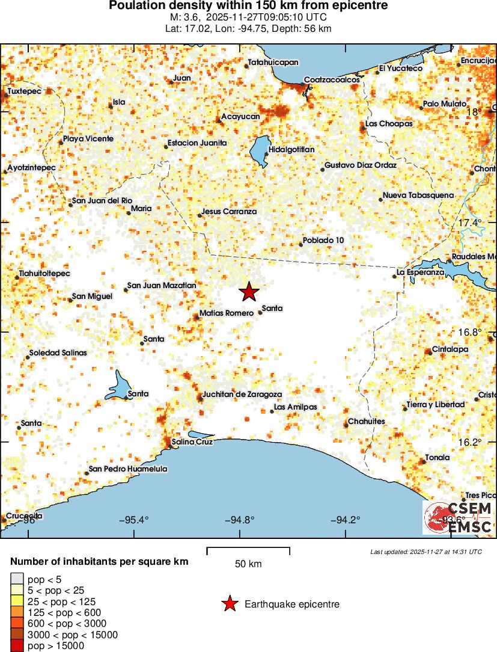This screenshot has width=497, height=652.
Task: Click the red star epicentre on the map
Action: [x=249, y=292]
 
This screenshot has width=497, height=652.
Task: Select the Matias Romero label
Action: [x=226, y=313]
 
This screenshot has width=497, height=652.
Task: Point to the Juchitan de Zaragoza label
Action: [x=242, y=394]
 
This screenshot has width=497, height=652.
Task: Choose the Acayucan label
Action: [x=240, y=116]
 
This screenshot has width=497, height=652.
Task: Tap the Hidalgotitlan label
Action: [x=291, y=149]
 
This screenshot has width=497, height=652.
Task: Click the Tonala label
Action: [x=437, y=458]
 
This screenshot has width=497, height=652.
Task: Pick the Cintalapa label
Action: [x=450, y=349]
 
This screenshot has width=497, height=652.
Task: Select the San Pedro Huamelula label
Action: [x=128, y=469]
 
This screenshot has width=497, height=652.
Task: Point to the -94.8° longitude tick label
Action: [x=239, y=520]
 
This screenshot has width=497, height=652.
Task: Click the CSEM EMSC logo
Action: [x=458, y=517]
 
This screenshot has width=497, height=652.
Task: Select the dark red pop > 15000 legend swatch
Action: [x=17, y=646]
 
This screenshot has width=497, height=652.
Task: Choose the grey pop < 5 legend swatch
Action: [x=17, y=579]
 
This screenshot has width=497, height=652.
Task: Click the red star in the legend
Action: [x=230, y=604]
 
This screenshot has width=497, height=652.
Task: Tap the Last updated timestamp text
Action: [x=425, y=552]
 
